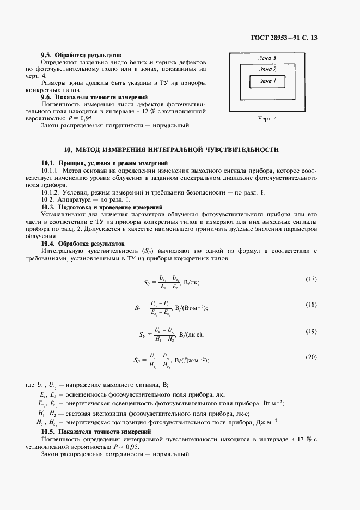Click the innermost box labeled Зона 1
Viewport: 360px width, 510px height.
click(x=267, y=81)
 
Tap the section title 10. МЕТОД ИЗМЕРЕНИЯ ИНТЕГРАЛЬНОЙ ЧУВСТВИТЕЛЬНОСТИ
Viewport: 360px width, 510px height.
click(x=171, y=149)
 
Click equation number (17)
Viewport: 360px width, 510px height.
click(x=311, y=279)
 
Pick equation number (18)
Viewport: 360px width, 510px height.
click(x=311, y=305)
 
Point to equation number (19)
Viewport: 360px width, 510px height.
click(x=311, y=331)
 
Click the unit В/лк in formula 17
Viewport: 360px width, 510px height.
click(x=192, y=282)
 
